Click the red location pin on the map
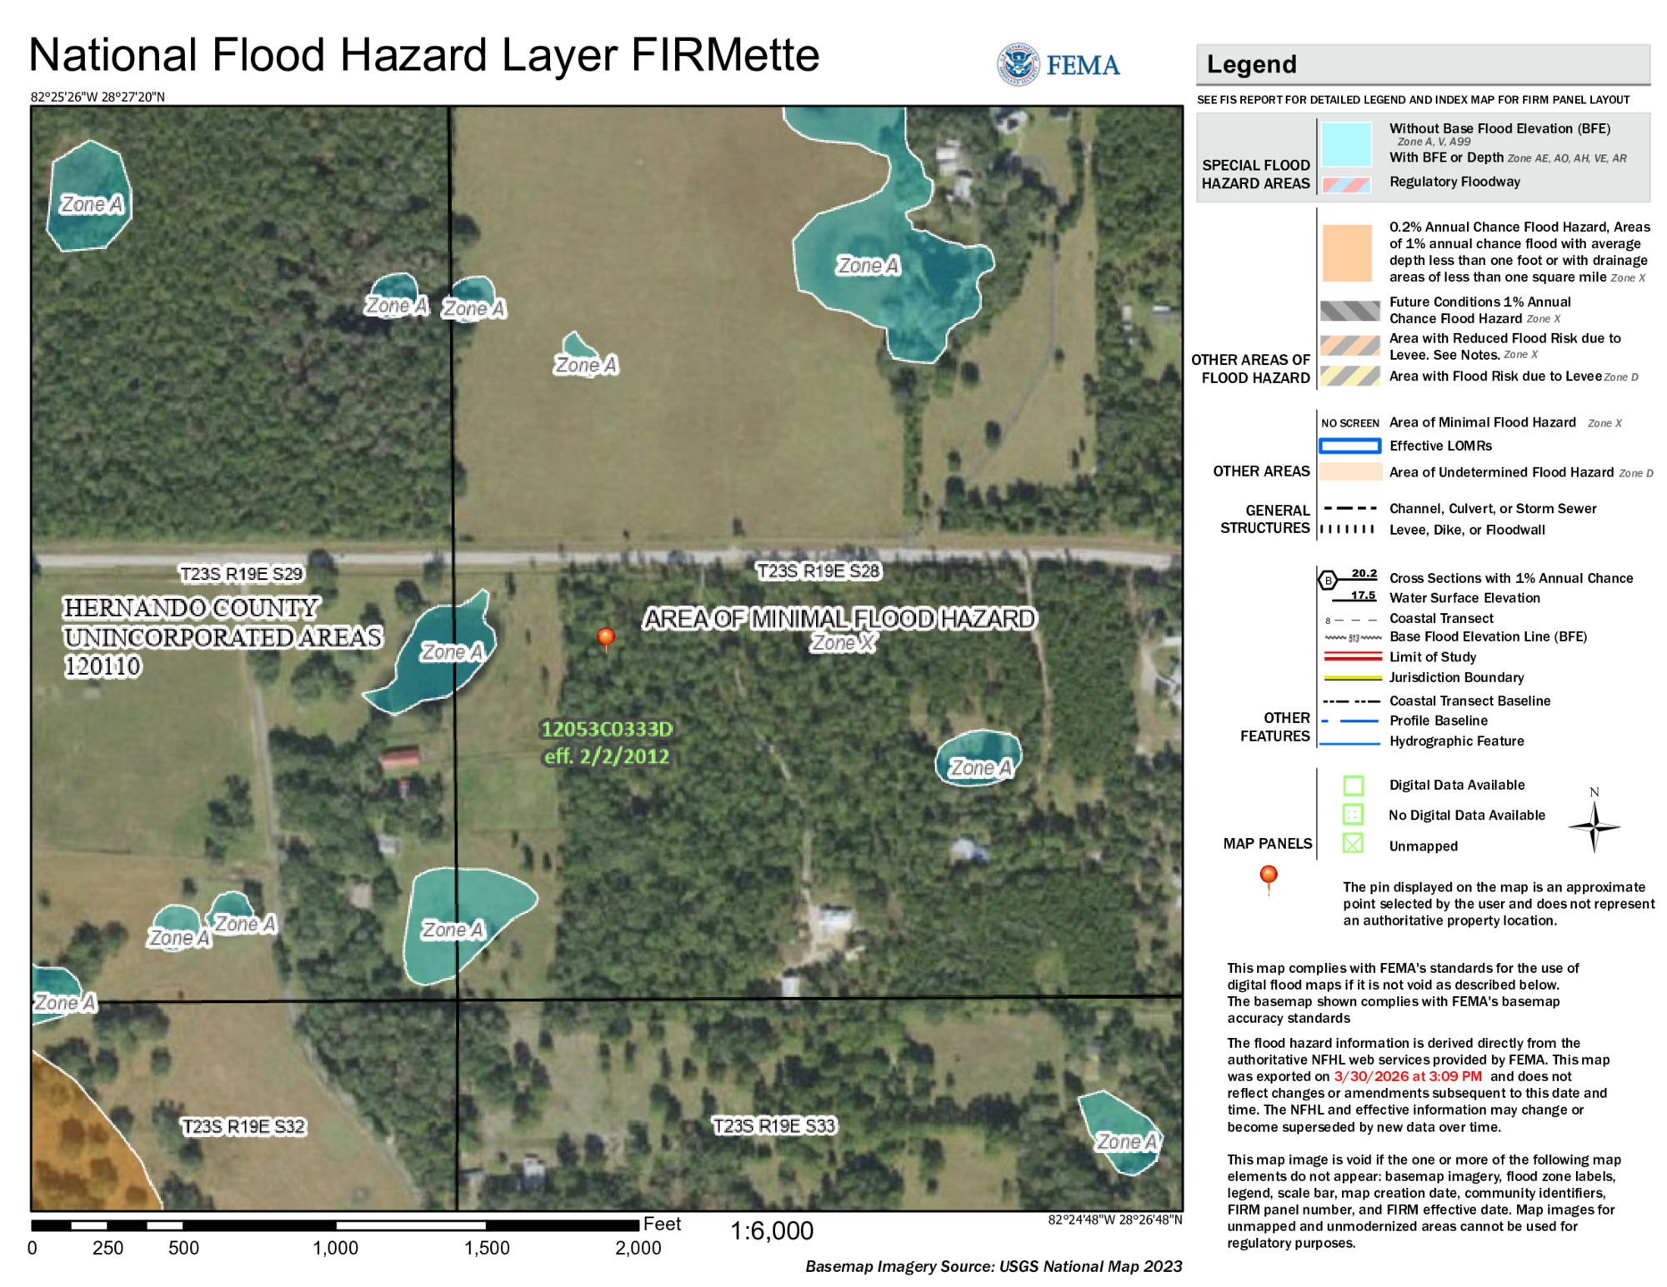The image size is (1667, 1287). coord(606,638)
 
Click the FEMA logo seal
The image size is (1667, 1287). coord(1018,64)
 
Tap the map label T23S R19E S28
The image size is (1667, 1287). coord(818,571)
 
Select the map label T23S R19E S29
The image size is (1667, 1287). coord(242,573)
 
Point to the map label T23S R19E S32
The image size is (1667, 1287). coord(244,1126)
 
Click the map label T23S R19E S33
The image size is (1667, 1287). coord(774,1125)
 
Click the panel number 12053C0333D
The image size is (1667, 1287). coord(607,729)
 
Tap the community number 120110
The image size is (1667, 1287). coord(103,666)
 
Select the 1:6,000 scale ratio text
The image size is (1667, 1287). coord(772,1230)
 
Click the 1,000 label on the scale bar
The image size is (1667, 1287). coord(336,1248)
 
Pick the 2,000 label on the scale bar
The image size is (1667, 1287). coord(638,1248)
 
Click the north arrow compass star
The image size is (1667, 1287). coord(1594,826)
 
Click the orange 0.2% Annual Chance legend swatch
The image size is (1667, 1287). coord(1346,252)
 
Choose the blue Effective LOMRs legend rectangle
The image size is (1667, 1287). coord(1349,446)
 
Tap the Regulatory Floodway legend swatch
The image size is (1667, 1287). coord(1346,184)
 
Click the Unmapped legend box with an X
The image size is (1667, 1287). coord(1353,843)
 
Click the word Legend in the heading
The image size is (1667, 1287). coord(1252,64)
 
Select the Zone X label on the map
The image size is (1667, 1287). coord(844,643)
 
